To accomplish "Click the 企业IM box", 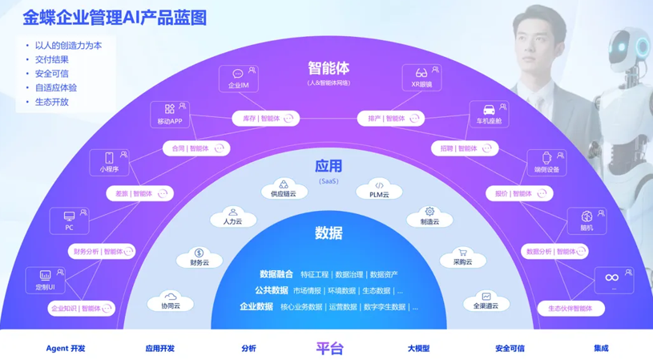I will (x=239, y=79).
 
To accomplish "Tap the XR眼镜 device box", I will (x=421, y=78).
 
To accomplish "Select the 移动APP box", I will (x=170, y=115).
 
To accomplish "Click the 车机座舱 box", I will (x=488, y=115).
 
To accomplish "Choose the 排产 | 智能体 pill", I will (x=391, y=119).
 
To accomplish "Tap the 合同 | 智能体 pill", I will (x=196, y=148).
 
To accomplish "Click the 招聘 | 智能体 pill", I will (x=465, y=148).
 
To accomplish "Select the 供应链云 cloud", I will (x=284, y=189).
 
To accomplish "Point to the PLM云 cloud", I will (x=379, y=189).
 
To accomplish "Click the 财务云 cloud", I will (x=200, y=257).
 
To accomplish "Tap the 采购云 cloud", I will (x=462, y=257).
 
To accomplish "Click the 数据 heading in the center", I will (x=329, y=233).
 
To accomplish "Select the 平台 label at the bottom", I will (x=329, y=348).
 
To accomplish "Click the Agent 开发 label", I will (x=66, y=349).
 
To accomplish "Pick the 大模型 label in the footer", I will (x=418, y=349).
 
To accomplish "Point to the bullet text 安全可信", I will (x=52, y=74).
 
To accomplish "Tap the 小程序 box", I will (x=109, y=163).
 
